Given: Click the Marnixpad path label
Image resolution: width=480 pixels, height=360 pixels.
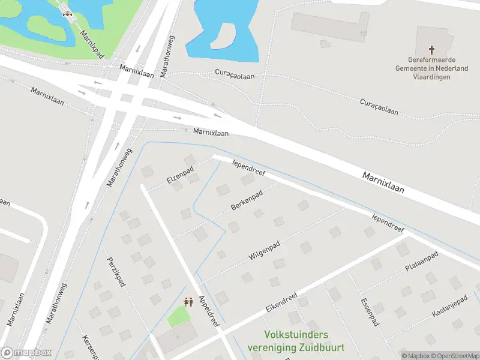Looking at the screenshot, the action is (x=92, y=44).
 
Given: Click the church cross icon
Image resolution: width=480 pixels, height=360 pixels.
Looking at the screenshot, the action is (x=431, y=50).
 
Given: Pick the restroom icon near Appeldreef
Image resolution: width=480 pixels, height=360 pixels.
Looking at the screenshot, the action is (x=188, y=302).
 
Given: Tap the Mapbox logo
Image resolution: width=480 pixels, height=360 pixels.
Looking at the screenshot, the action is (x=27, y=353).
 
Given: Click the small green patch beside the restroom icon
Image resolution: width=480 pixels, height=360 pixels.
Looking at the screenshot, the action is (x=178, y=317).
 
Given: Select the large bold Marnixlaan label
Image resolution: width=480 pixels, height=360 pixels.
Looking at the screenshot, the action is (x=383, y=182).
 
